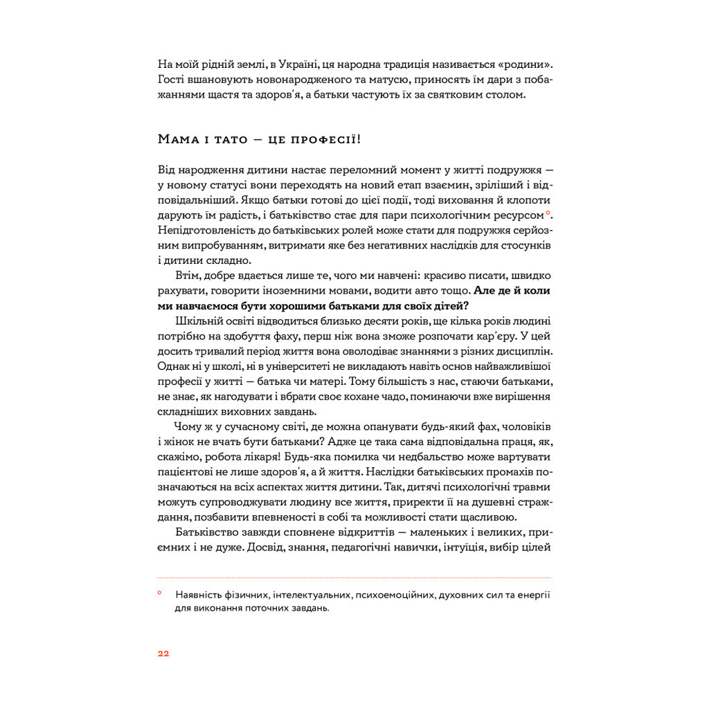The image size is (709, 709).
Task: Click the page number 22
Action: click(163, 653)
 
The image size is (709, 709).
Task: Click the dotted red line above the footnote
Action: click(354, 577)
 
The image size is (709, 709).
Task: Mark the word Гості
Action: click(171, 80)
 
